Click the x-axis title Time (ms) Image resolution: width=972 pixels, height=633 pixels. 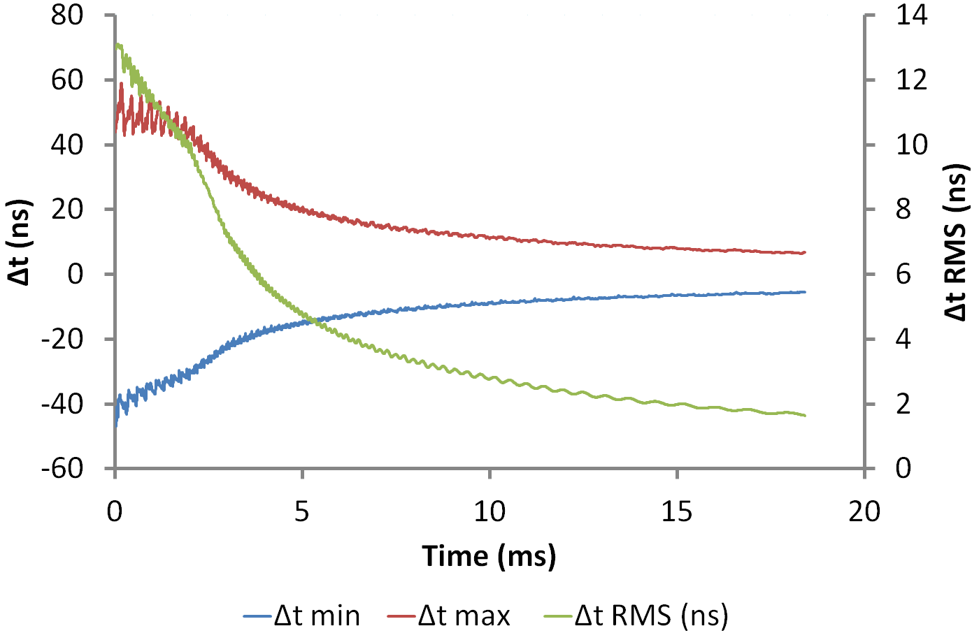pos(489,556)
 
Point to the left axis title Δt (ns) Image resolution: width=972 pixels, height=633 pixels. pos(20,242)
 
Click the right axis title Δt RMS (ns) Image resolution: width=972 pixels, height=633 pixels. pos(956,242)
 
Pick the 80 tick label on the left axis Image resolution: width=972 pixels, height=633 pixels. pos(67,15)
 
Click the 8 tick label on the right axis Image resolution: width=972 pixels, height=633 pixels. pos(903,209)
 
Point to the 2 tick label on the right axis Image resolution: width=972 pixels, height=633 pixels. pos(903,403)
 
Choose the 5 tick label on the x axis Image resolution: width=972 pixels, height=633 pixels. pos(302,511)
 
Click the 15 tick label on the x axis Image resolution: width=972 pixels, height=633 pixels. pos(677,511)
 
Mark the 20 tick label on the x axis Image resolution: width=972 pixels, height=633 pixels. pos(864,511)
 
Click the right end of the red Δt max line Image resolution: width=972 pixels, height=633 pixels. pos(805,252)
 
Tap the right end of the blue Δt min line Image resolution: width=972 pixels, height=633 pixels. pos(805,291)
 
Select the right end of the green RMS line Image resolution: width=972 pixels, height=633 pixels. pos(805,416)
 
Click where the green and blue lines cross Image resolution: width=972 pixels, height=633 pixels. pos(313,321)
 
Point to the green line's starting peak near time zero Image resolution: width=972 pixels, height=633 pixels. pos(117,45)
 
